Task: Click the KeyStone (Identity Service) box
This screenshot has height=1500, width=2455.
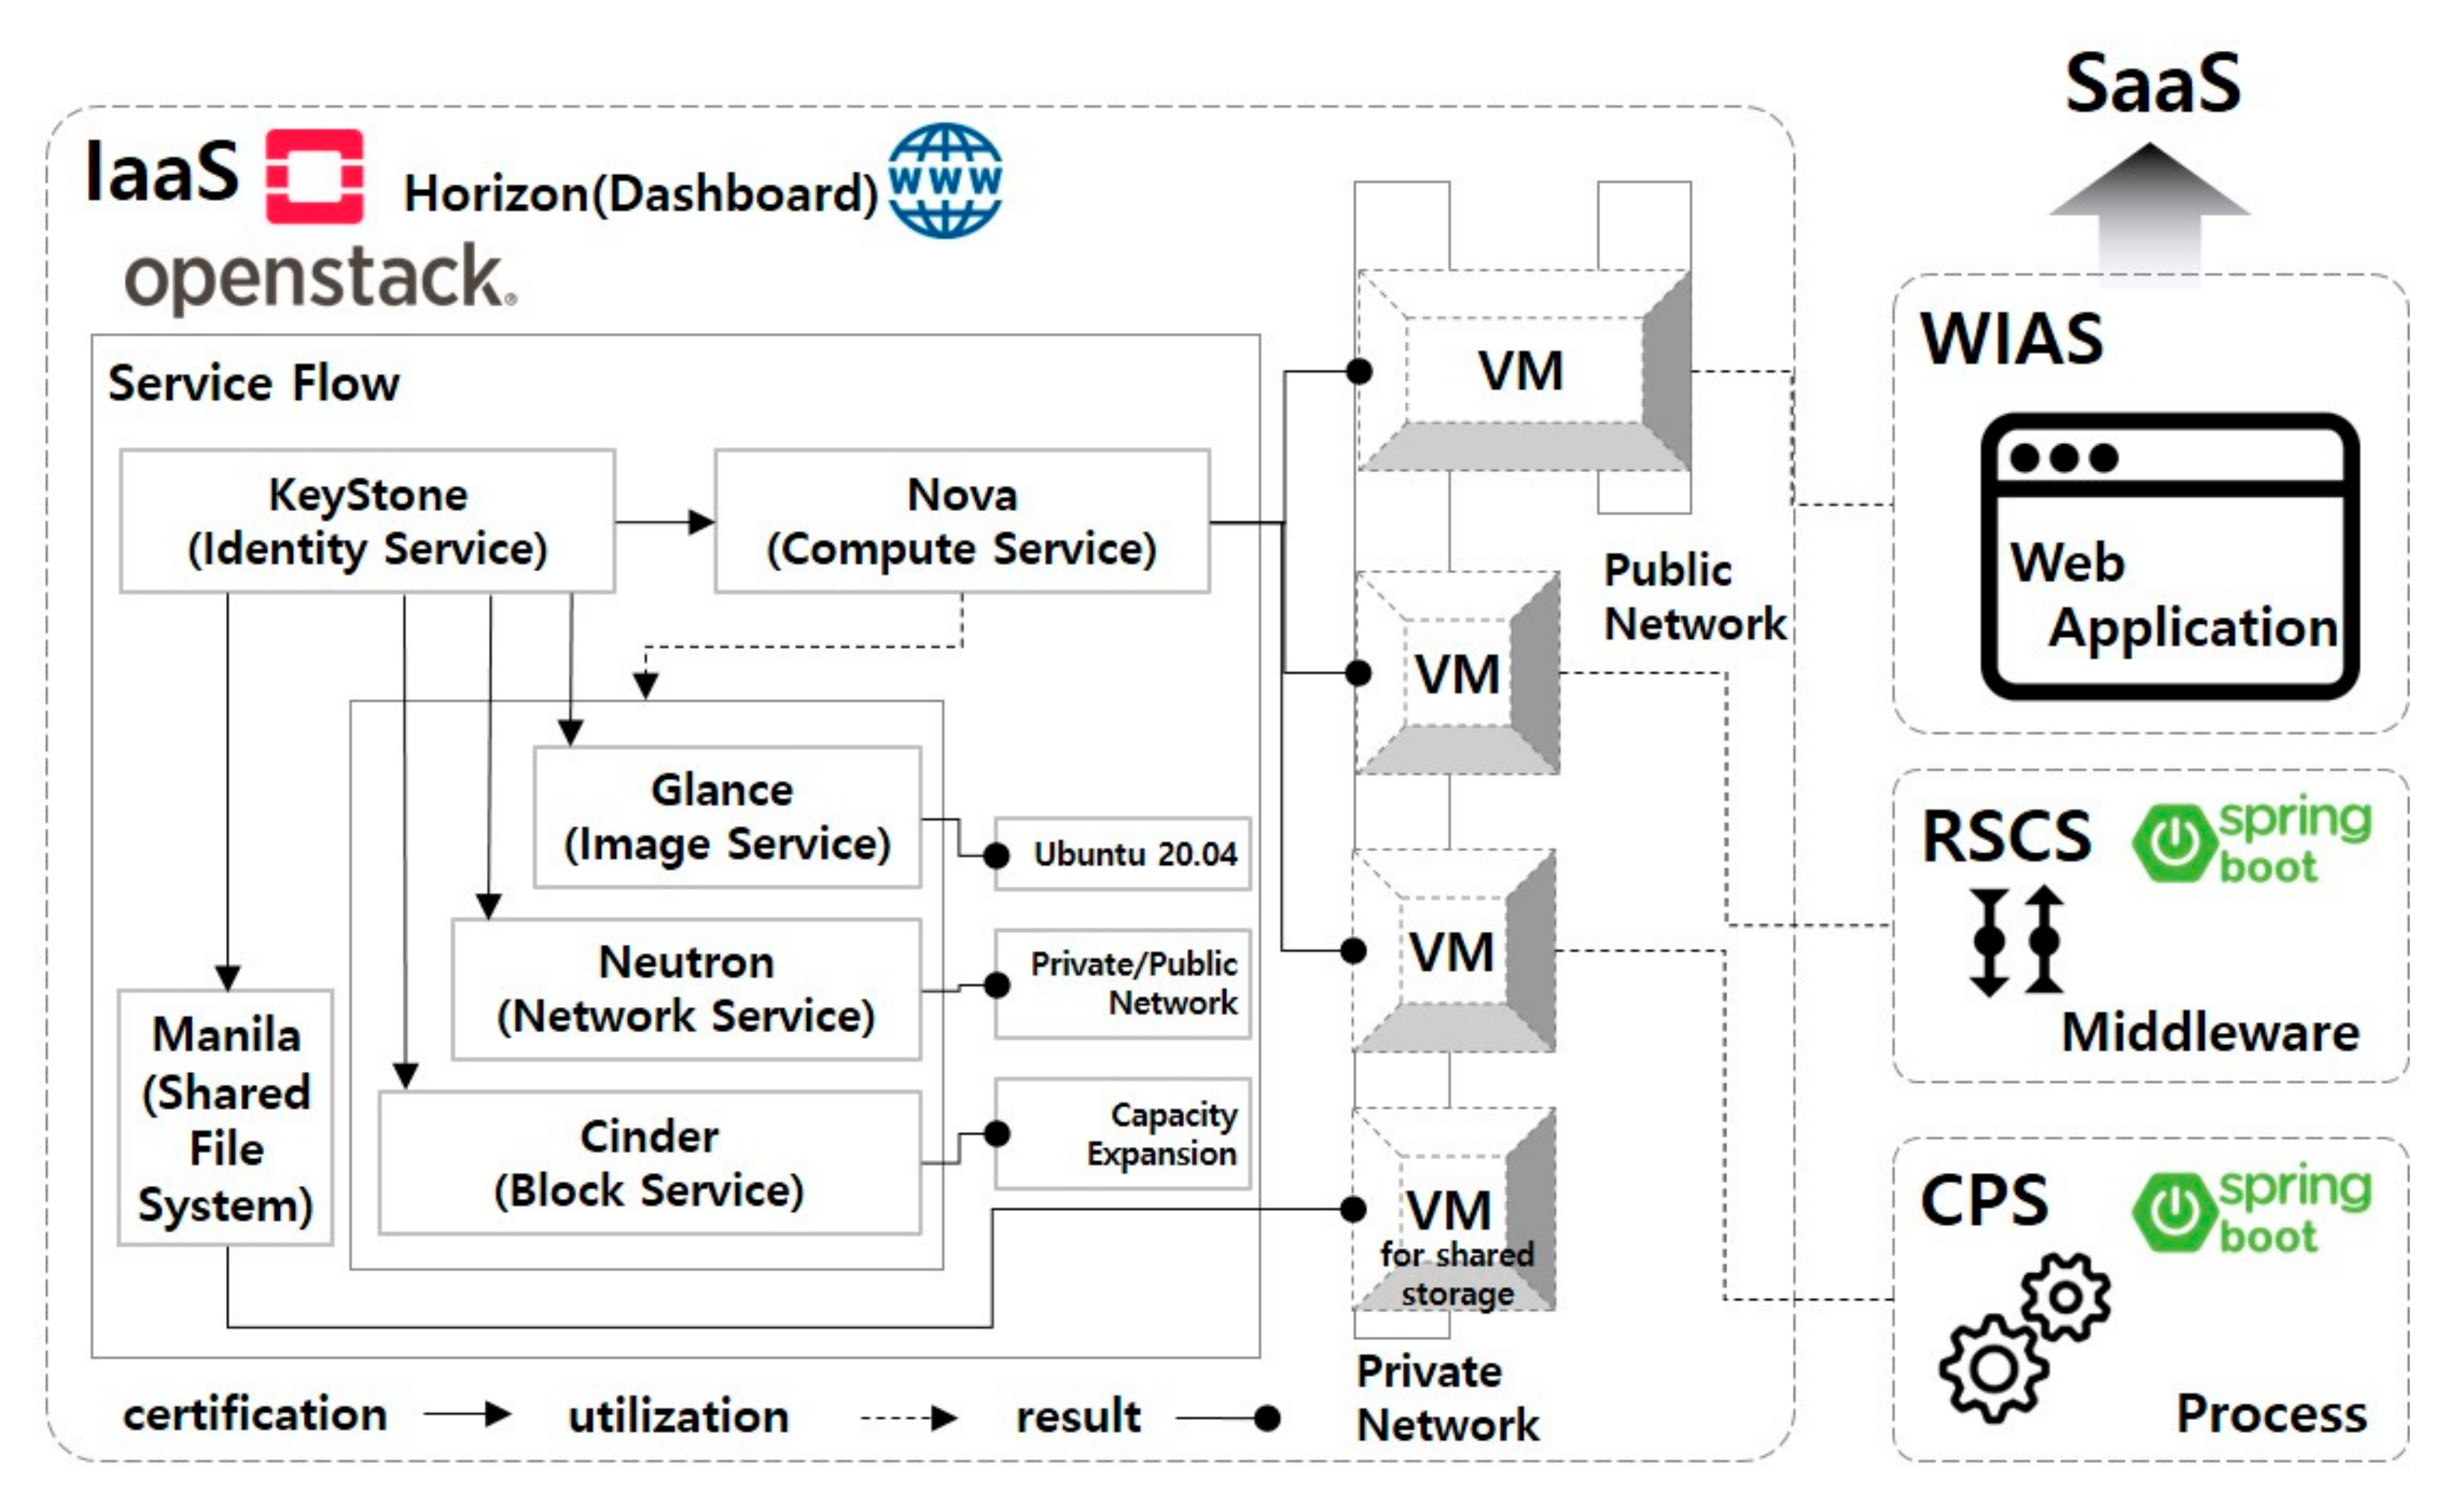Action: pyautogui.click(x=367, y=521)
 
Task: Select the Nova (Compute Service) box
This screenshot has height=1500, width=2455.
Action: pyautogui.click(x=961, y=521)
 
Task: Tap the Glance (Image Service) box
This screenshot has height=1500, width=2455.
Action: pyautogui.click(x=726, y=816)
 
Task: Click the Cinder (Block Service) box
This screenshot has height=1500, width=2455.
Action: pyautogui.click(x=649, y=1162)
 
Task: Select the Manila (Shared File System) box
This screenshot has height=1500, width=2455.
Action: pyautogui.click(x=225, y=1117)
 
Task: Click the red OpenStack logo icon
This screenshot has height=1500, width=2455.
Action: pyautogui.click(x=314, y=176)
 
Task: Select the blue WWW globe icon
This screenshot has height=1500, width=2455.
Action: pyautogui.click(x=945, y=180)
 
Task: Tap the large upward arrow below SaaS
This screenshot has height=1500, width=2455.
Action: pyautogui.click(x=2149, y=209)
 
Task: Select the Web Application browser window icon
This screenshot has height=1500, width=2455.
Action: pyautogui.click(x=2169, y=556)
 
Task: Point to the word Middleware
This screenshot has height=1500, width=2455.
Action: pyautogui.click(x=2209, y=1031)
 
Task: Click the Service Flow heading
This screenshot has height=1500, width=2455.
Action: pyautogui.click(x=253, y=383)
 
